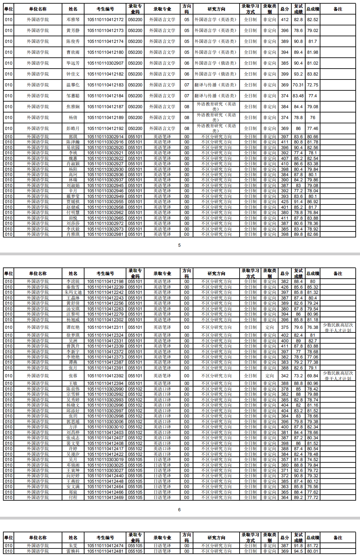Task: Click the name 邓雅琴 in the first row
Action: (x=73, y=20)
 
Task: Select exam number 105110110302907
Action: (x=105, y=63)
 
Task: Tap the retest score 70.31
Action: (x=298, y=85)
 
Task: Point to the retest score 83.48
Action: (x=298, y=96)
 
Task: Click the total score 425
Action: (x=285, y=202)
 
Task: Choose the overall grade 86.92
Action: (x=312, y=202)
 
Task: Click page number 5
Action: (x=180, y=245)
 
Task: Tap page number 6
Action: (x=180, y=510)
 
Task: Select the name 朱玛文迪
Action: (x=73, y=293)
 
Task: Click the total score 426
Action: (x=285, y=287)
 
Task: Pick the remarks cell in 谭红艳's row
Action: (x=338, y=327)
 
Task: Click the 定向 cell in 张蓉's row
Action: (x=270, y=376)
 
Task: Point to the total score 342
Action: (x=285, y=376)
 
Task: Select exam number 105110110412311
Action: (x=105, y=327)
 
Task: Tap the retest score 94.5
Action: (x=298, y=551)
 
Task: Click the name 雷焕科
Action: (x=73, y=551)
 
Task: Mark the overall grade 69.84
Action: (x=312, y=376)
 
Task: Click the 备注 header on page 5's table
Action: (x=338, y=9)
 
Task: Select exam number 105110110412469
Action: (x=105, y=498)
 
